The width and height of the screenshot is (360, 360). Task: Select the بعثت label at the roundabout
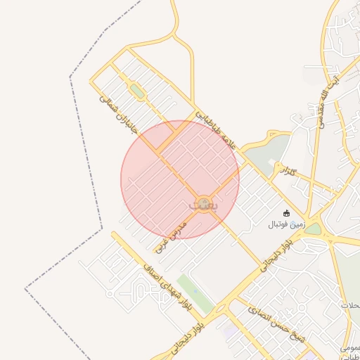point(204,204)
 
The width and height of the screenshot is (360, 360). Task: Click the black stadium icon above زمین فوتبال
point(286,213)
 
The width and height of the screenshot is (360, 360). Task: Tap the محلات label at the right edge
point(350,305)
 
